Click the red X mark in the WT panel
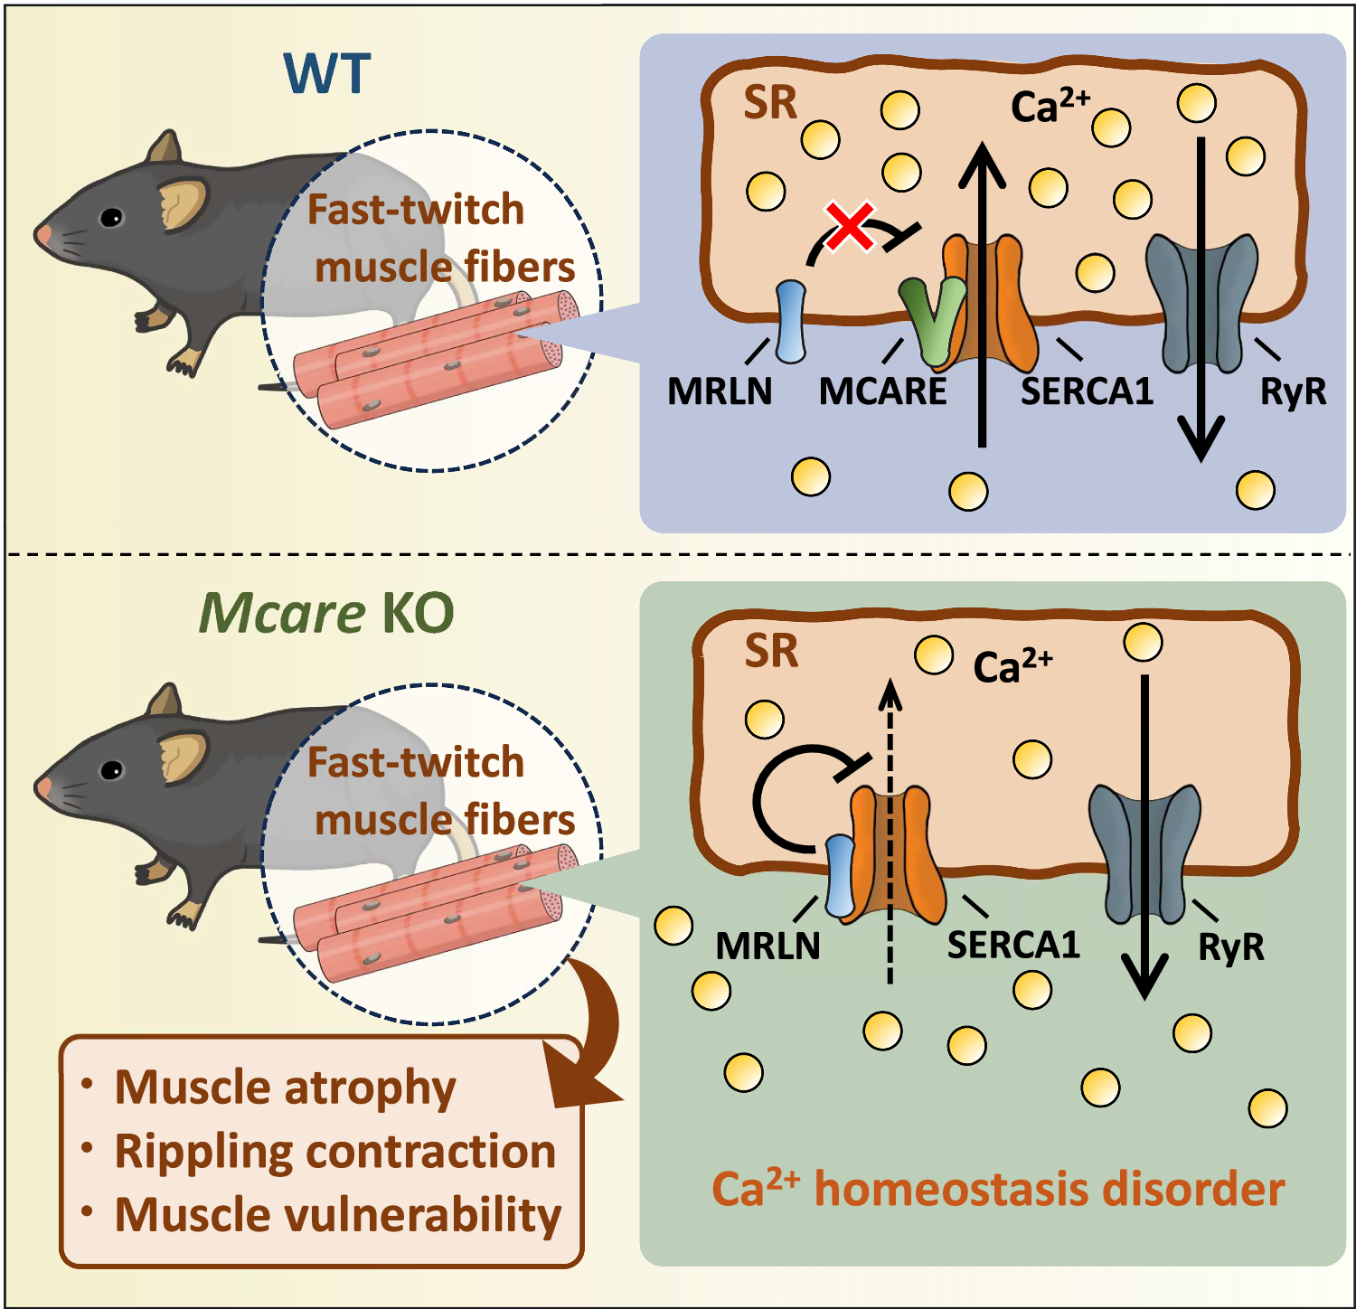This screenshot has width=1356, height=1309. click(849, 226)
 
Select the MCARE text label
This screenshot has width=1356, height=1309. click(882, 391)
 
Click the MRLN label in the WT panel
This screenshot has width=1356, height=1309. click(720, 391)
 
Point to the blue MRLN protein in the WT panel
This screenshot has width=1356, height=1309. click(790, 321)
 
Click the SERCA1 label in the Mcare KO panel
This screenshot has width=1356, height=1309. click(1013, 946)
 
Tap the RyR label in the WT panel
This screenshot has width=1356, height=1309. click(1293, 391)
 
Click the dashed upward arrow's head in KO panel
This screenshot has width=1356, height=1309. click(890, 693)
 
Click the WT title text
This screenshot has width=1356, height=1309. click(327, 74)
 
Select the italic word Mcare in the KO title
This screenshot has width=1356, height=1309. click(281, 614)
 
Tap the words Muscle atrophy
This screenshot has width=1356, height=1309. click(285, 1087)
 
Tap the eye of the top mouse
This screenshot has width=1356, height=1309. click(112, 217)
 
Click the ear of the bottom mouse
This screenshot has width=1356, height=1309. click(183, 756)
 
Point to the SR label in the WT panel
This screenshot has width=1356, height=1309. click(770, 102)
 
